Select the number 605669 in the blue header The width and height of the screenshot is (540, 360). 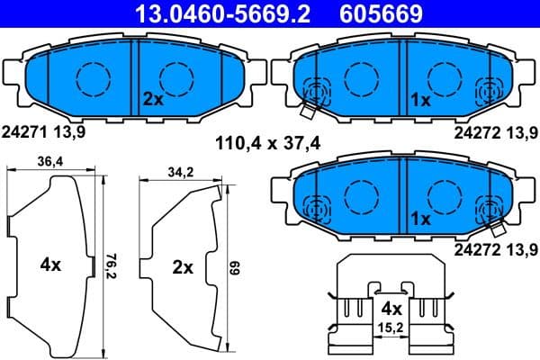point(380,13)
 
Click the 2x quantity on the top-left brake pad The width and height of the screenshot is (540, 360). point(152,99)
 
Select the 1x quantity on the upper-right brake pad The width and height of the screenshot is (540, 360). point(421,99)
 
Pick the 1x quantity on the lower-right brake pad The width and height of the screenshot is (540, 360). point(421,219)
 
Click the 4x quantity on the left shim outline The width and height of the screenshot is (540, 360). point(50,265)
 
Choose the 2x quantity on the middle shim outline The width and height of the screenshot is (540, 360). point(182,267)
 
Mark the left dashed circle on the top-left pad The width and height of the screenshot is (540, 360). point(93,79)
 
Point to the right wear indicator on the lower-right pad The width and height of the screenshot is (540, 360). point(490,210)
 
